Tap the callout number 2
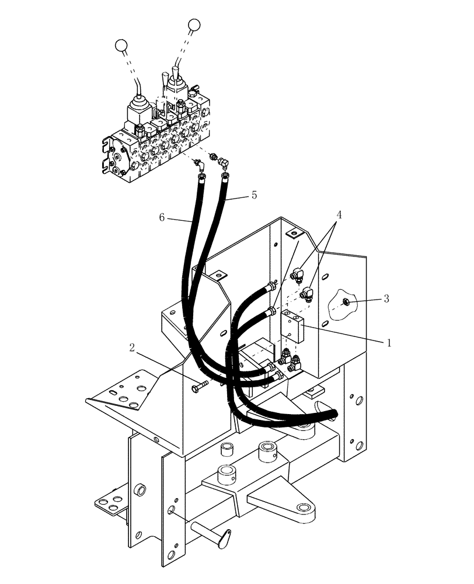click(133, 349)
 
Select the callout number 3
click(386, 299)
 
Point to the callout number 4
click(339, 214)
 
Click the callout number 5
click(254, 195)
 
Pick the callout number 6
click(162, 217)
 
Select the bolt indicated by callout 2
click(200, 387)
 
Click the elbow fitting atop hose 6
click(201, 166)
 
